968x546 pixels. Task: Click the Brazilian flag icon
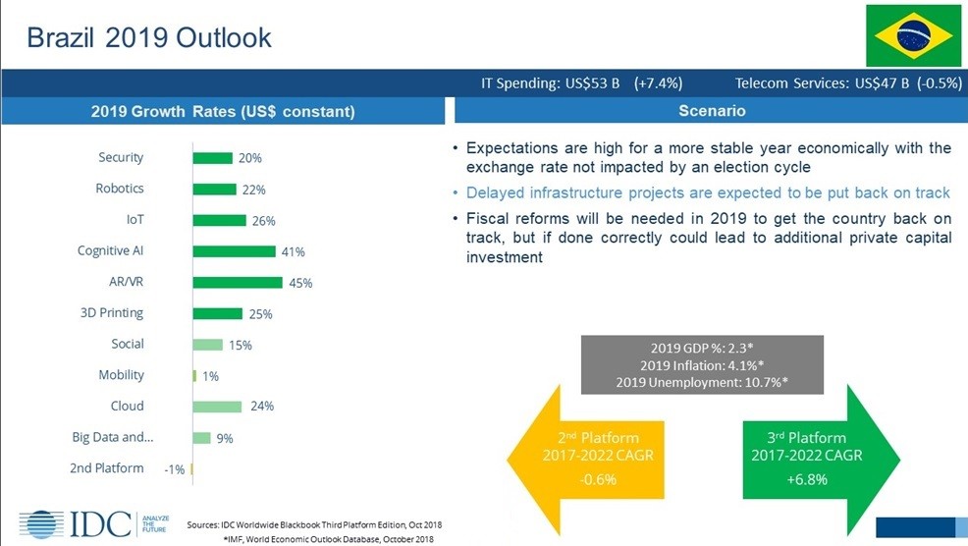(x=914, y=35)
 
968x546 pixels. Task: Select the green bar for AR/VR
(x=238, y=282)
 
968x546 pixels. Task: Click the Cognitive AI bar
(x=234, y=251)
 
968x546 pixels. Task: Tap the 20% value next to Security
(x=250, y=158)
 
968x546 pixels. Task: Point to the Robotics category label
(x=120, y=189)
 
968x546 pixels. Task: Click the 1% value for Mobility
(x=210, y=376)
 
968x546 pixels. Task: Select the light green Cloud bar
(x=217, y=407)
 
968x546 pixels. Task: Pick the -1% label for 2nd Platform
(x=175, y=469)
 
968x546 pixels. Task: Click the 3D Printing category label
(x=112, y=312)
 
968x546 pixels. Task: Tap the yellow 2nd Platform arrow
(x=584, y=460)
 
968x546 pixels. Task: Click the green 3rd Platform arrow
(x=821, y=460)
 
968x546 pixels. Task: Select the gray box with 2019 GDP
(x=702, y=365)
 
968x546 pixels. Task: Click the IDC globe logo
(x=41, y=524)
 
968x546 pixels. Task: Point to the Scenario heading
(x=712, y=111)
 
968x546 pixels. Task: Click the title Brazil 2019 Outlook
(x=149, y=37)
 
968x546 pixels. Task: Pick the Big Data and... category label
(x=113, y=437)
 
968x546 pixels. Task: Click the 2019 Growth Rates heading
(x=223, y=111)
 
